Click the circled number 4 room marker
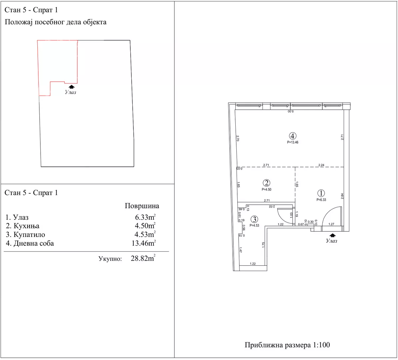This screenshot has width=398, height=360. click(x=292, y=136)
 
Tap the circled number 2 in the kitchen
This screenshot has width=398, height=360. click(x=266, y=183)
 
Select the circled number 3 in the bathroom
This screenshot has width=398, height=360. click(x=254, y=219)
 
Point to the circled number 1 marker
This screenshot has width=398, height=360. click(x=321, y=193)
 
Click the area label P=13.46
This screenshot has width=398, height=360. click(x=293, y=142)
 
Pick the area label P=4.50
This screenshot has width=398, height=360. click(x=267, y=189)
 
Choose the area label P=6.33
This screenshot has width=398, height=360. click(x=321, y=200)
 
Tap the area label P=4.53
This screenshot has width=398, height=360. click(x=254, y=225)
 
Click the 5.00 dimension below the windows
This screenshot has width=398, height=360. click(x=291, y=111)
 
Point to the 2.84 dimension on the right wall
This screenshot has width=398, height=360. click(x=342, y=196)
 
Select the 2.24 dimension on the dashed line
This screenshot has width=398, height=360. click(x=321, y=165)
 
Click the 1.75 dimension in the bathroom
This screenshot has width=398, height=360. click(x=263, y=245)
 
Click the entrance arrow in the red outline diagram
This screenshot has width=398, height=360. click(x=72, y=87)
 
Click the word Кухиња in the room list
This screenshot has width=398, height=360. click(x=26, y=226)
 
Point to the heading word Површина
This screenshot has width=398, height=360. click(x=142, y=206)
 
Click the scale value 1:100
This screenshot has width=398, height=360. click(x=321, y=345)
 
